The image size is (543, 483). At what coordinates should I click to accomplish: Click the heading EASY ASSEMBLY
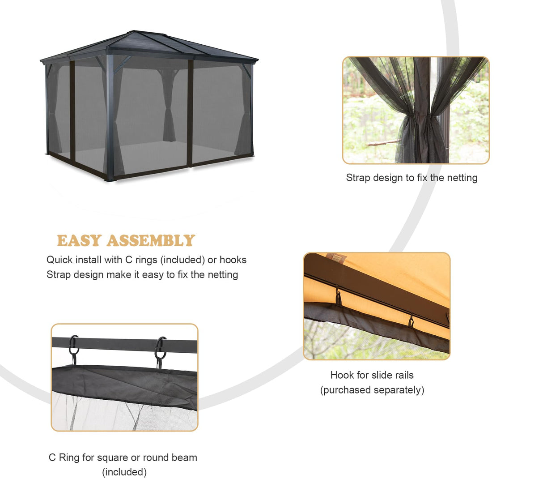(x=126, y=241)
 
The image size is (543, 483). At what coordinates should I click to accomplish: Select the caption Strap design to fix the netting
(x=411, y=178)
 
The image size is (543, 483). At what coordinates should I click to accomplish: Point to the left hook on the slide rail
(x=339, y=297)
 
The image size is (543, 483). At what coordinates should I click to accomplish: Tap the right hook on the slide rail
(x=411, y=321)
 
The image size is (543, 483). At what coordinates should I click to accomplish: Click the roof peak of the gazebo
(x=134, y=32)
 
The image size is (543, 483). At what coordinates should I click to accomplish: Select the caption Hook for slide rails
(x=372, y=375)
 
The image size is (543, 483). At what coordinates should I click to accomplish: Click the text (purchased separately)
(x=372, y=390)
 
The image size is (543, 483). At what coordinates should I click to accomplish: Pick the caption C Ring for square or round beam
(x=123, y=457)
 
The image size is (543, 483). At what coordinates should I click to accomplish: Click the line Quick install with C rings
(x=146, y=260)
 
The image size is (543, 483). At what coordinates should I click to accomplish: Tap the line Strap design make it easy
(x=142, y=274)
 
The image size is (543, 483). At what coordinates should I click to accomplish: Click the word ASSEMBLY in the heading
(x=151, y=241)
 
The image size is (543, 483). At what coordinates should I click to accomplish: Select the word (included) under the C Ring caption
(x=124, y=472)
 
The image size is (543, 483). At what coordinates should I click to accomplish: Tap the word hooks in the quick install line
(x=233, y=260)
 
